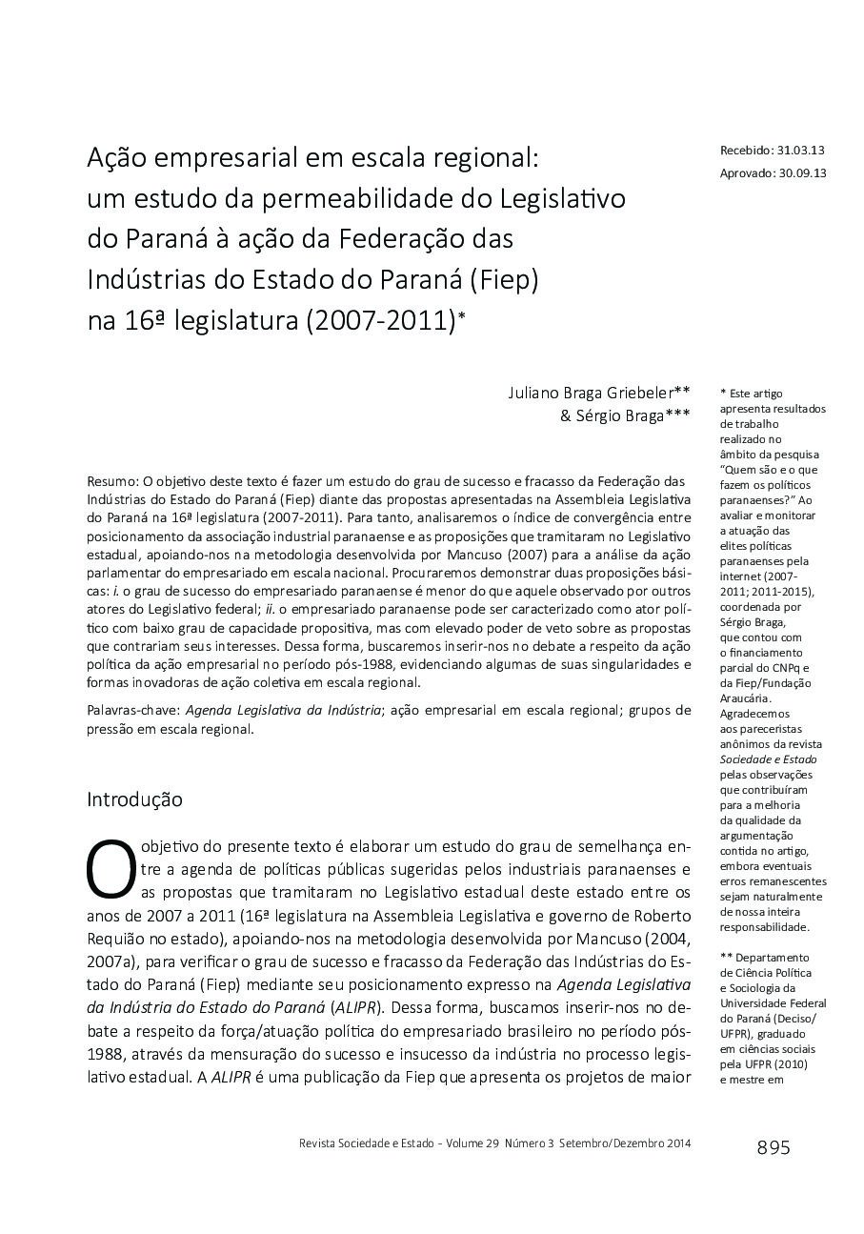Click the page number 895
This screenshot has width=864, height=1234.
(773, 1147)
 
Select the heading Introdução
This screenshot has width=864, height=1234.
(134, 799)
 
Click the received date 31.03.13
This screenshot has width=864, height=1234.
(801, 151)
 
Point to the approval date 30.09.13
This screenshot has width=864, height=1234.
(802, 172)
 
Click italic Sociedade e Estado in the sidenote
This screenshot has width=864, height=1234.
(768, 759)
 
